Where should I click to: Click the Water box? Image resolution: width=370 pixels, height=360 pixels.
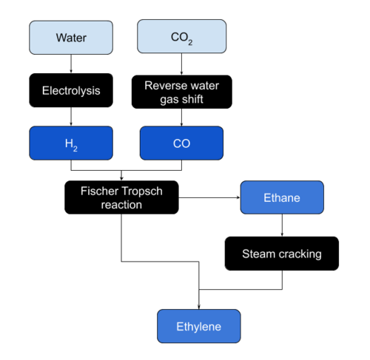(71, 38)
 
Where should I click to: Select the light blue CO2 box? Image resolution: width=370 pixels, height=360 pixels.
(182, 36)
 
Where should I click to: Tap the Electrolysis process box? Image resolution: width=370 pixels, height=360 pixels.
(71, 90)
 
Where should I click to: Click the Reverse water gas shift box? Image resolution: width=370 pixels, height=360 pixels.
(182, 92)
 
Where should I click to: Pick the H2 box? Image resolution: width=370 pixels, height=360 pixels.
(71, 143)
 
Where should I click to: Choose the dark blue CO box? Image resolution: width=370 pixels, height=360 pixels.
(181, 143)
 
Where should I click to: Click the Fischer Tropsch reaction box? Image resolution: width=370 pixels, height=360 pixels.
(121, 197)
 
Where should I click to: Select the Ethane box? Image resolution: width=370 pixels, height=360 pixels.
(282, 197)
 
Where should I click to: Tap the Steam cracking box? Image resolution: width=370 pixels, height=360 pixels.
(282, 254)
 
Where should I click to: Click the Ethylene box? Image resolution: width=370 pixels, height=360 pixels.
(199, 326)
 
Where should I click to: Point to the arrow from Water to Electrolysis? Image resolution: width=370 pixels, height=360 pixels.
(71, 64)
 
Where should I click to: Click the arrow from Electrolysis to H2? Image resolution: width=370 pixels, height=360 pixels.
(71, 117)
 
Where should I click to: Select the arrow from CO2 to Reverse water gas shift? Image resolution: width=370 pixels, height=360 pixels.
(182, 64)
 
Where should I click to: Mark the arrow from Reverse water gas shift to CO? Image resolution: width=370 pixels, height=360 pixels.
(182, 118)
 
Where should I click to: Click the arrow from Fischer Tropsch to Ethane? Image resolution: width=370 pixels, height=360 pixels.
(209, 197)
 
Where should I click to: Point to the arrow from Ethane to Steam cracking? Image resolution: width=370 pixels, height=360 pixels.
(282, 225)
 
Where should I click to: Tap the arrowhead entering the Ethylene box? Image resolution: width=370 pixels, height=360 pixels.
(199, 307)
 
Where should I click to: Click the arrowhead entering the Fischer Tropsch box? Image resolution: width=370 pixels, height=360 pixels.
(121, 178)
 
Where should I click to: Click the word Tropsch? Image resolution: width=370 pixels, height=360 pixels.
(142, 191)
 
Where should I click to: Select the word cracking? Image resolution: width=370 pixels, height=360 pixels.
(300, 254)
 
